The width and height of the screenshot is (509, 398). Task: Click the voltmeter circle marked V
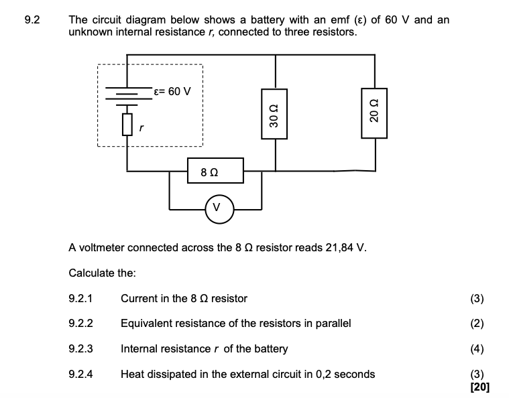[216, 208]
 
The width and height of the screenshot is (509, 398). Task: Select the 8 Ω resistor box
[216, 173]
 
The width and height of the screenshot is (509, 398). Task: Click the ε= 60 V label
[172, 91]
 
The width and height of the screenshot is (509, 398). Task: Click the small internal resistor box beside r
[127, 124]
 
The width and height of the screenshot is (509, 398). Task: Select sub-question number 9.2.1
[80, 298]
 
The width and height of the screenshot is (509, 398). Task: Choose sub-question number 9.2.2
[80, 323]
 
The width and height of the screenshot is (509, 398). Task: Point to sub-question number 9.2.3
[80, 348]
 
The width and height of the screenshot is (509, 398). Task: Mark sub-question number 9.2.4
[80, 374]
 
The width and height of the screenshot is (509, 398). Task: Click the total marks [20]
[479, 387]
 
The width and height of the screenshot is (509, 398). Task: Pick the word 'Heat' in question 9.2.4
[133, 374]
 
